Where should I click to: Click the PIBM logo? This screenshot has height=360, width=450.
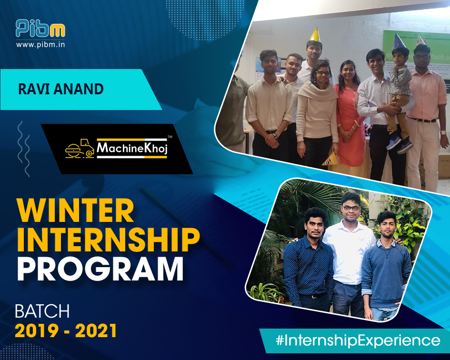point(40,29)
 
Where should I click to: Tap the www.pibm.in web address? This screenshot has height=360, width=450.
point(40,45)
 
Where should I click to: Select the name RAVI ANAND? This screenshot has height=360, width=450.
point(61,89)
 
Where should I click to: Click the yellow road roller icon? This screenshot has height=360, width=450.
point(80,148)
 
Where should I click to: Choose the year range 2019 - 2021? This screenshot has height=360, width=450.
point(66,330)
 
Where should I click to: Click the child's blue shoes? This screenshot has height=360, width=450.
point(400,144)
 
